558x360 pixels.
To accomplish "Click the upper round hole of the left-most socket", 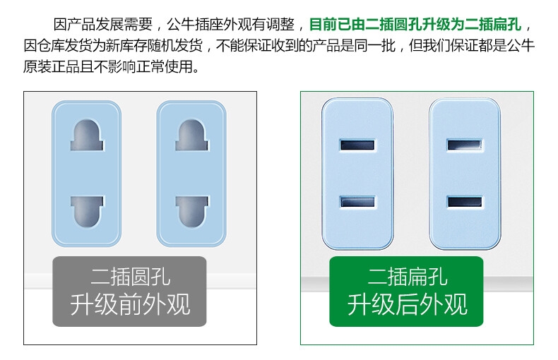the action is coord(87,135).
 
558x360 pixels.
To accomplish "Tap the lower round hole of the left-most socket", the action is coord(87,212).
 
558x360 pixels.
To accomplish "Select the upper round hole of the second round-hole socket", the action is coord(192,135).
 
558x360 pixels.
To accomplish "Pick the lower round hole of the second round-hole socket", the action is coord(192,212).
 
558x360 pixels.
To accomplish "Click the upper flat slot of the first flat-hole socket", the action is coord(357,145).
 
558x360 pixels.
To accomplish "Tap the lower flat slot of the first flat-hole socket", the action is coord(357,202).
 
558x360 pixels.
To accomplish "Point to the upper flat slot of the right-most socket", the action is coord(464,145).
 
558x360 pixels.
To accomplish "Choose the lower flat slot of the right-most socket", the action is coord(464,202).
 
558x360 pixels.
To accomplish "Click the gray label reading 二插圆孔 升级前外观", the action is coord(129,292).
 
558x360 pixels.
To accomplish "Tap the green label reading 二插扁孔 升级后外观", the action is coord(406,292).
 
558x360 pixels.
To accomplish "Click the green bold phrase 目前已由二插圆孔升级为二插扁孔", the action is coord(415,24).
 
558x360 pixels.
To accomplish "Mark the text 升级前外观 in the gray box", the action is coord(130,304).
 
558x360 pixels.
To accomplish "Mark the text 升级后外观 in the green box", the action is coord(407,304).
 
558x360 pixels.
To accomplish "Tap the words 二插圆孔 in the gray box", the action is coord(130,277).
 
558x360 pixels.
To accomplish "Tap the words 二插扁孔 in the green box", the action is coord(407,277).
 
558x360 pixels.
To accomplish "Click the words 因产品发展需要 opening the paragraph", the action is coord(103,24).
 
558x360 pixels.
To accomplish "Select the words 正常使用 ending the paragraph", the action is coord(164,66).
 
